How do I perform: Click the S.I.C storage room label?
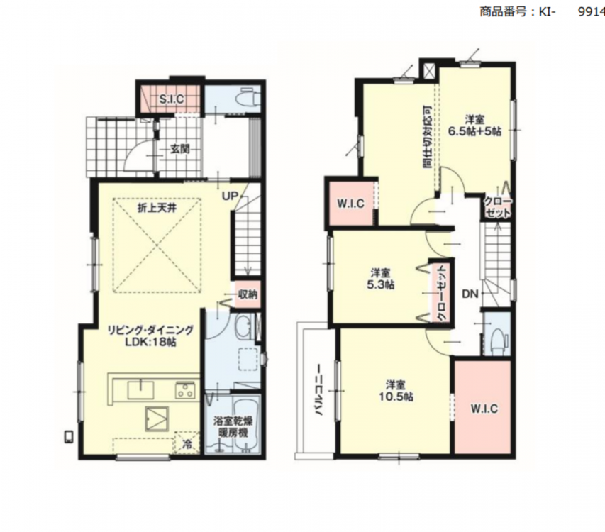coord(172,99)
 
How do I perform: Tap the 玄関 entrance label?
coord(180,148)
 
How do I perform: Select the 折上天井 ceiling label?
coord(157,208)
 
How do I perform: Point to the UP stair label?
coord(230,196)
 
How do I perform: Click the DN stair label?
coord(470,294)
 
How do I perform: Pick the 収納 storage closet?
coord(248,294)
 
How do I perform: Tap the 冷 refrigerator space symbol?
coord(187,444)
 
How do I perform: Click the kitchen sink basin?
coord(140,390)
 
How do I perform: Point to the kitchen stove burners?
coord(185,389)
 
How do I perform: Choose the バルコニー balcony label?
coord(319,389)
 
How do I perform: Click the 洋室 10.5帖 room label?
coord(396,390)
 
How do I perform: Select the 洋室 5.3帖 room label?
coord(380,279)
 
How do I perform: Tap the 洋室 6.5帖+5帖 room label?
coord(474,126)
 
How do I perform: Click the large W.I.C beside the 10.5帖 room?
coord(484,408)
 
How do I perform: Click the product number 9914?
coord(591,11)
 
